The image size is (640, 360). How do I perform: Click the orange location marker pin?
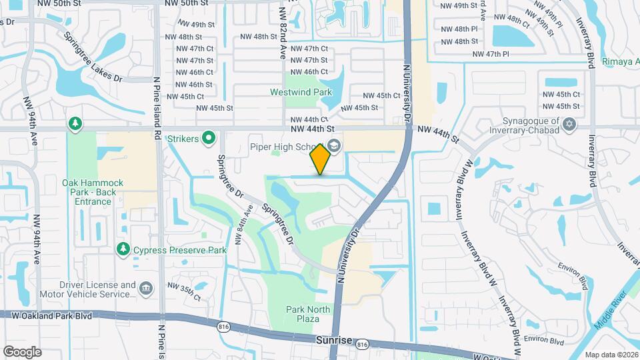321,159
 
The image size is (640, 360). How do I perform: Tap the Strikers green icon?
209,138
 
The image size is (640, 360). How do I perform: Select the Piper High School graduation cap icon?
334,146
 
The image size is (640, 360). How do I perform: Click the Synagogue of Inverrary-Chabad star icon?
569,124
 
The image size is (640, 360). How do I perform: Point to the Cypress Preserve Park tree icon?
123,249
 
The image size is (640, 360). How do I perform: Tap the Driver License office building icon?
145,289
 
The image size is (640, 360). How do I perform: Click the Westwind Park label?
300,91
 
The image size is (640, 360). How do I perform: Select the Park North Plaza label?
308,314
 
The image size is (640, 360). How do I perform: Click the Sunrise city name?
333,341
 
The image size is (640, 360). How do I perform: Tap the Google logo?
21,351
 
